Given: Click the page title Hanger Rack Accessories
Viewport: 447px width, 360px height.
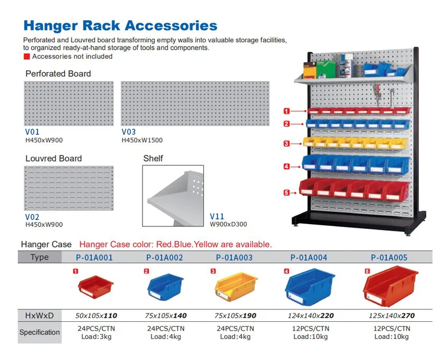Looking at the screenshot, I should click(x=120, y=26).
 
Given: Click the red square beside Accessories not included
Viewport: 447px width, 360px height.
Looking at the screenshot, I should click(x=26, y=57).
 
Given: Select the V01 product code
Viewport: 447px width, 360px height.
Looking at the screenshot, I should click(x=32, y=132).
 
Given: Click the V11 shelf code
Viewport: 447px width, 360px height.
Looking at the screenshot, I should click(x=218, y=217).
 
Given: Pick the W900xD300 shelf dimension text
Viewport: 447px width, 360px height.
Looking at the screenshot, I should click(x=228, y=225).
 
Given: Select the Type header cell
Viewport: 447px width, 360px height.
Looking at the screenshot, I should click(x=39, y=257).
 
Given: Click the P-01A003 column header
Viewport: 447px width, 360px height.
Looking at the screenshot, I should click(x=234, y=258).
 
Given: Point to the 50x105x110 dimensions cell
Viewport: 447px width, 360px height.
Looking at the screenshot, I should click(x=95, y=315).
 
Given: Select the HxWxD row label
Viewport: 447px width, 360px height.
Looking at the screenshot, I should click(x=39, y=315).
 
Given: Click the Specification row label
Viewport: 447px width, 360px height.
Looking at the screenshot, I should click(x=39, y=333).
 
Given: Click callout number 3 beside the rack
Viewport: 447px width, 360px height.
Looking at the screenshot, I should click(x=287, y=144).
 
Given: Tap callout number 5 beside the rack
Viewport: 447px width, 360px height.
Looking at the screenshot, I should click(x=287, y=193).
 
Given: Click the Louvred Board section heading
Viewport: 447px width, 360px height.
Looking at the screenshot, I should click(x=54, y=159).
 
